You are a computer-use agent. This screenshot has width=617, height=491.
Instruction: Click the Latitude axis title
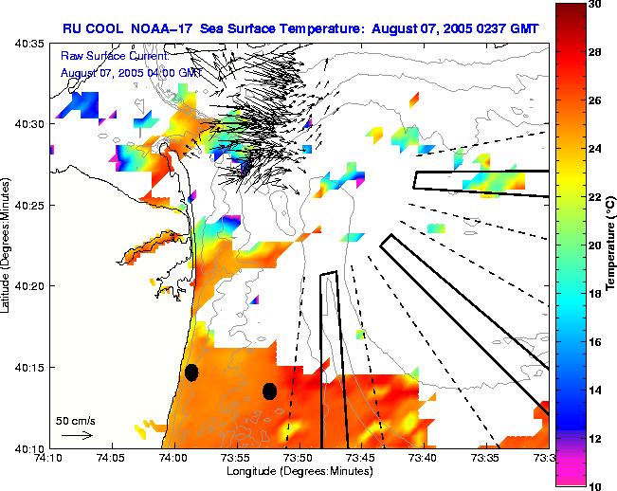(9, 245)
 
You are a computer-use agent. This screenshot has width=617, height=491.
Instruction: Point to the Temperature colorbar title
(610, 245)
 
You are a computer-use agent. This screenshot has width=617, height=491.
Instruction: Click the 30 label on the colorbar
(595, 5)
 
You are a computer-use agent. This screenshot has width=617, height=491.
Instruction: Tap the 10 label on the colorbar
(595, 485)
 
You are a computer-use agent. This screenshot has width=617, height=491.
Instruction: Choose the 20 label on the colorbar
(595, 245)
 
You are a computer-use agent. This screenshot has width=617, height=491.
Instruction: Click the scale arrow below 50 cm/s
(78, 435)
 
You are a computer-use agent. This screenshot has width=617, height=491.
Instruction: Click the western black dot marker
(191, 373)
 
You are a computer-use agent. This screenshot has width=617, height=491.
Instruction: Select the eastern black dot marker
(269, 391)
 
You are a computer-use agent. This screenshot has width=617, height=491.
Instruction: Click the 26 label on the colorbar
(595, 100)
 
